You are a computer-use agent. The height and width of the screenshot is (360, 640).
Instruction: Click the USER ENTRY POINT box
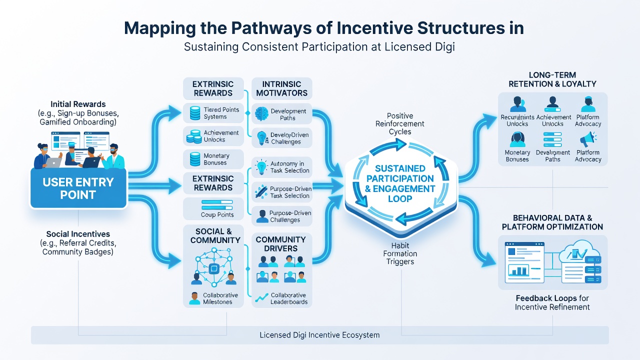(78, 188)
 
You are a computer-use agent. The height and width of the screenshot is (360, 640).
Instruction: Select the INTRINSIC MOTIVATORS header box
(281, 88)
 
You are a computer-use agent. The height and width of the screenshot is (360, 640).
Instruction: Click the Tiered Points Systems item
(213, 113)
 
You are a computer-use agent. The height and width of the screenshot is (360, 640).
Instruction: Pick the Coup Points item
(213, 209)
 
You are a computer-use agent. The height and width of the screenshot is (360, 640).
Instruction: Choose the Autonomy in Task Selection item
(281, 167)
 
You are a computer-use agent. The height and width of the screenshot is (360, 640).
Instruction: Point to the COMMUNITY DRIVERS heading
(280, 244)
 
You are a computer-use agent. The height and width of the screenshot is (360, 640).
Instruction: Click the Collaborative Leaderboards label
(289, 298)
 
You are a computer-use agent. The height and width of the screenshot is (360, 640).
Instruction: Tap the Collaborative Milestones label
(220, 298)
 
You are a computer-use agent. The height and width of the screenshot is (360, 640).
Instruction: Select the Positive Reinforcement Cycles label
(399, 123)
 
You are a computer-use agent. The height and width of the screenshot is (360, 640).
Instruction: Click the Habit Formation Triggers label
(400, 253)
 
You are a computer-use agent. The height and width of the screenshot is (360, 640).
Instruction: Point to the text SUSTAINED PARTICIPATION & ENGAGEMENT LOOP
(400, 183)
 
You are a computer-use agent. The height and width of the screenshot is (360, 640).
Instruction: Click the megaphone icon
(587, 139)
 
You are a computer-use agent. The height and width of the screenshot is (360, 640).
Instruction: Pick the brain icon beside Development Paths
(261, 114)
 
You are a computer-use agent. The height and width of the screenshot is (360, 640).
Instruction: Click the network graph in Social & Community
(213, 267)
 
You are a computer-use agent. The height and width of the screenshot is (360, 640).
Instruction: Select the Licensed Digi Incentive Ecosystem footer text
(319, 335)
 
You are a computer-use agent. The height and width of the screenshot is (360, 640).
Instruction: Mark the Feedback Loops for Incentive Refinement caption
(552, 302)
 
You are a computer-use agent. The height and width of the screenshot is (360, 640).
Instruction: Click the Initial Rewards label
(78, 104)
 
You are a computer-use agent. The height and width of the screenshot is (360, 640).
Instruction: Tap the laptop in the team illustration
(53, 162)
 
